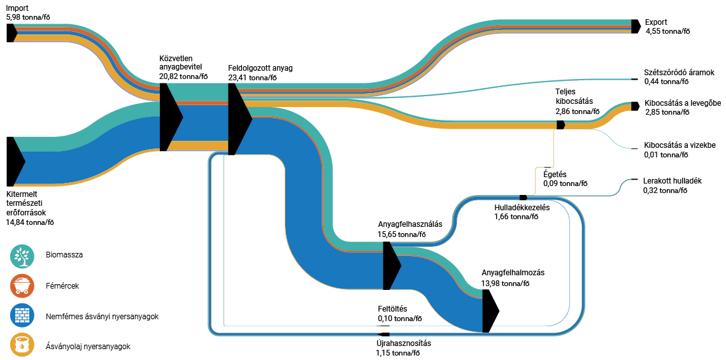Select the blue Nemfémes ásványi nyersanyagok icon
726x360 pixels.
tap(22, 316)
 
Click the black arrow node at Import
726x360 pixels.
tap(11, 32)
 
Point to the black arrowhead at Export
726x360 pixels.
tap(635, 26)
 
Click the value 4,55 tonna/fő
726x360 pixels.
tap(667, 31)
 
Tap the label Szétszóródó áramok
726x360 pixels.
tap(680, 73)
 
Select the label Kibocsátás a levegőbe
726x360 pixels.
tap(682, 103)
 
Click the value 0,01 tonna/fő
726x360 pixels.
tap(666, 154)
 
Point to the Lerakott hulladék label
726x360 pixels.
tap(672, 181)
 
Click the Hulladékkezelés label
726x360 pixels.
tap(522, 208)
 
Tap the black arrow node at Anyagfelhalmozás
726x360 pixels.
tap(489, 311)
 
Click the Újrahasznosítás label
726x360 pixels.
tap(403, 343)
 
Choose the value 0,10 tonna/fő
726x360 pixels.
tap(399, 319)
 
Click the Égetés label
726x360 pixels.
tap(554, 174)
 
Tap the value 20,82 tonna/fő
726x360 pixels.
tap(183, 76)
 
